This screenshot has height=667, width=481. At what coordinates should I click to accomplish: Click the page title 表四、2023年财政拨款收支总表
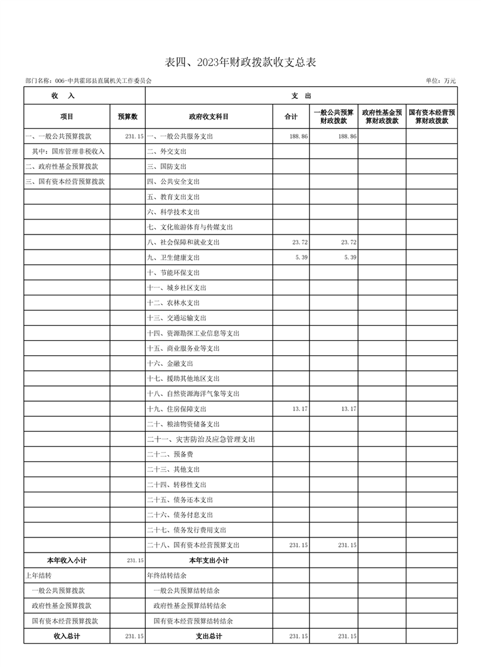tap(240, 62)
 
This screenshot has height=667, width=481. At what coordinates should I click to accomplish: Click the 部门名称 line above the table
tap(89, 81)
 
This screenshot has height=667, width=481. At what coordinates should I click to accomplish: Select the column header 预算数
tap(127, 116)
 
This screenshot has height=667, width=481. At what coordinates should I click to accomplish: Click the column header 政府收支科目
tap(209, 116)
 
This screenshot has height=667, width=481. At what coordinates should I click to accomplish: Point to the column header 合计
tap(291, 116)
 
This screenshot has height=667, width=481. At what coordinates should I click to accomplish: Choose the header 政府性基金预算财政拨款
tap(382, 116)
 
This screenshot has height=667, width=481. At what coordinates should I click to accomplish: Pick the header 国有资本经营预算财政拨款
tap(431, 116)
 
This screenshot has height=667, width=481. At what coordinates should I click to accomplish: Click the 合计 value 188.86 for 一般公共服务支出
tap(300, 136)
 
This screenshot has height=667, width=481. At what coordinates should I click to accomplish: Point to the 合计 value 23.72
tap(300, 242)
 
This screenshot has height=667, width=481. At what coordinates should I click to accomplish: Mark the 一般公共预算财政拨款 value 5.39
tap(350, 258)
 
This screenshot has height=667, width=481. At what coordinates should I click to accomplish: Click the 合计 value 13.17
tap(300, 409)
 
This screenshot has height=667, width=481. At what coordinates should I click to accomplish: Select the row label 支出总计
tap(209, 636)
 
